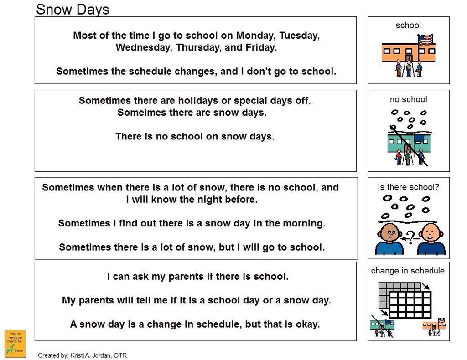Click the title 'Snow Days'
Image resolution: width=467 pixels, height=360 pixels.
click(73, 9)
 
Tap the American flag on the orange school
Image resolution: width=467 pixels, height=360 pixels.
click(425, 40)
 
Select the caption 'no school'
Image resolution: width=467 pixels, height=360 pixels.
click(408, 99)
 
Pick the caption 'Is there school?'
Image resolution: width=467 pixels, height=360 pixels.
click(408, 187)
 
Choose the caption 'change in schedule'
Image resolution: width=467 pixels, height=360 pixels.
click(408, 271)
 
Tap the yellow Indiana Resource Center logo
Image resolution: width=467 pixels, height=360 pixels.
click(15, 343)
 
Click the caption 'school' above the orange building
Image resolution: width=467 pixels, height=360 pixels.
click(408, 26)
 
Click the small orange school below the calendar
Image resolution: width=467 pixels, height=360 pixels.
click(433, 325)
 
